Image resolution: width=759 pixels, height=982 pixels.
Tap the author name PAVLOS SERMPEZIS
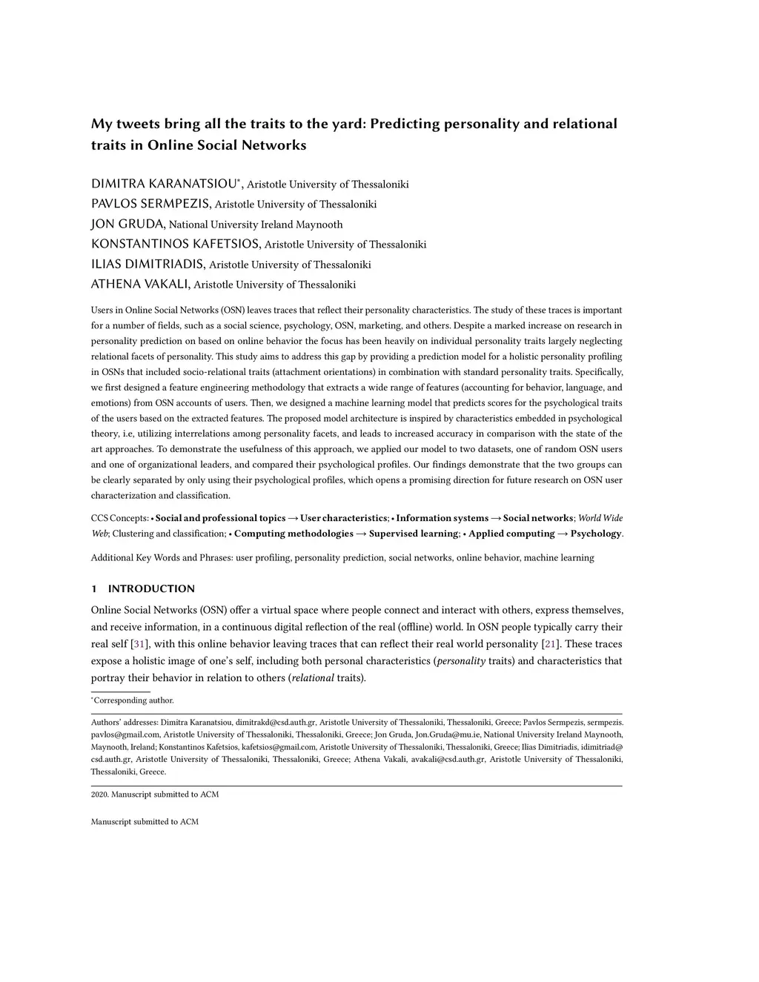click(x=150, y=204)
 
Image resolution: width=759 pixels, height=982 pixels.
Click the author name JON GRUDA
click(x=127, y=224)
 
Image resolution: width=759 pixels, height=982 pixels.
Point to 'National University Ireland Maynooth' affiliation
click(x=256, y=225)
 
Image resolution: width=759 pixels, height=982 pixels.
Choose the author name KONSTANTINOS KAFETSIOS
click(x=175, y=244)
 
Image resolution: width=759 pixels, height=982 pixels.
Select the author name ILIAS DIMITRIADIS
click(x=148, y=264)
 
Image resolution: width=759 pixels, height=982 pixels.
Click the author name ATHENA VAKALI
click(x=140, y=284)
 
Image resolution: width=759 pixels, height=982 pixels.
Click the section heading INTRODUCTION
click(x=151, y=589)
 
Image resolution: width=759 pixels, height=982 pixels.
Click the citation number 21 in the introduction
click(x=550, y=644)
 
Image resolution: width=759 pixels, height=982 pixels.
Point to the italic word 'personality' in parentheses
click(x=461, y=661)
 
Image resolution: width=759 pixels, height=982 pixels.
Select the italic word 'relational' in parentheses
click(x=313, y=678)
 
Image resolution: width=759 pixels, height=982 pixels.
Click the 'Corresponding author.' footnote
click(x=133, y=700)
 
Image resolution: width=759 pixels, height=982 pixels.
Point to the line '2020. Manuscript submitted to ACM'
click(x=155, y=794)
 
